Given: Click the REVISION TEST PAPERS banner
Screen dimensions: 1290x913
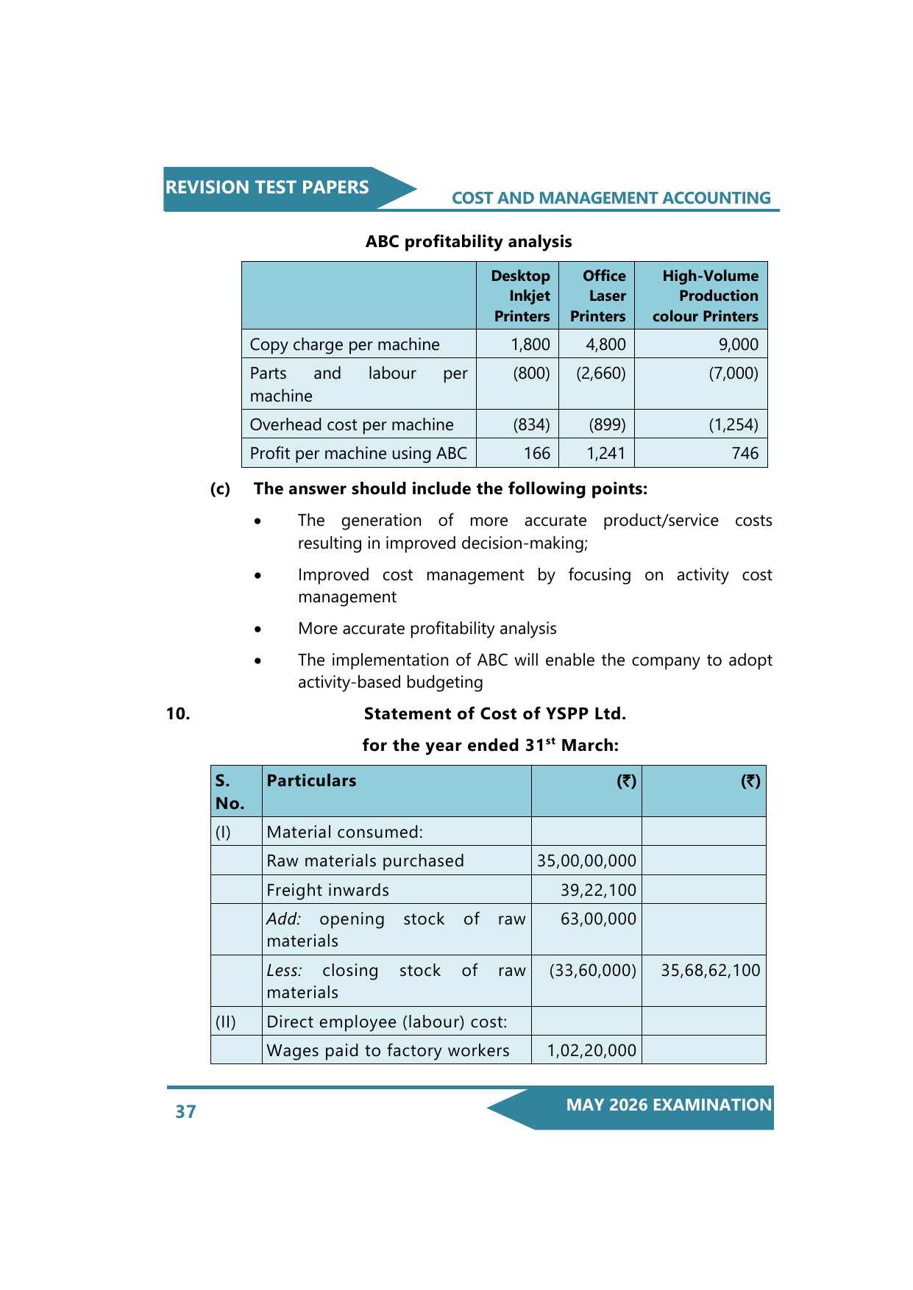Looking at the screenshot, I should coord(267,188).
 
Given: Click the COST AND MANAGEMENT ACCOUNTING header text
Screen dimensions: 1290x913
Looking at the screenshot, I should coord(611,199).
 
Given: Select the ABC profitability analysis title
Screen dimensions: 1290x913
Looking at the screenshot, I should coord(469,242).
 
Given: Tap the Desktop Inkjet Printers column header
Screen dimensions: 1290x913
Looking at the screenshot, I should coord(522,296).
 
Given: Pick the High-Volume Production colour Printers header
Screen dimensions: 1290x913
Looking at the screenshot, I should coord(706,296).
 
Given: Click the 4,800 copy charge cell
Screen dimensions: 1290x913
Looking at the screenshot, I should coord(605,344).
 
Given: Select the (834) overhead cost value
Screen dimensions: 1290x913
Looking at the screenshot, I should coord(531,424).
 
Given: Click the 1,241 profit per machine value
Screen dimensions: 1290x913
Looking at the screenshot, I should coord(605,453).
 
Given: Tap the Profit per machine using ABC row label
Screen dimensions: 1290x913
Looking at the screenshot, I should coord(358,453).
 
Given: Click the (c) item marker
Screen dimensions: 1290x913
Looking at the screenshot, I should coord(220,489).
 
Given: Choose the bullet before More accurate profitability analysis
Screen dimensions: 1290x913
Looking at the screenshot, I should coord(257,630).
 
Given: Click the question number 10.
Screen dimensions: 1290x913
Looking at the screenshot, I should coord(178,713).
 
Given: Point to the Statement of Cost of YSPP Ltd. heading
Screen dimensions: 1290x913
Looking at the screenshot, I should coord(494,713).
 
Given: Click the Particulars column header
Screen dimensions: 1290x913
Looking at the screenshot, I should coord(311,781).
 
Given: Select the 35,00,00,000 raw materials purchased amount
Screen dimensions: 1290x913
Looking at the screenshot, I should coord(586,860).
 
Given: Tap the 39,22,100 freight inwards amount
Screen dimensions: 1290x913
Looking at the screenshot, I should coord(598,890).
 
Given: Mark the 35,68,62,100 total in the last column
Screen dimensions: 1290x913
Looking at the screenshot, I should coord(710,970).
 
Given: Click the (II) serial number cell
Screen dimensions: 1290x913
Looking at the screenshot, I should coord(226,1022).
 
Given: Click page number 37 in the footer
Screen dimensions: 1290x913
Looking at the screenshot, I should coord(185,1111).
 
